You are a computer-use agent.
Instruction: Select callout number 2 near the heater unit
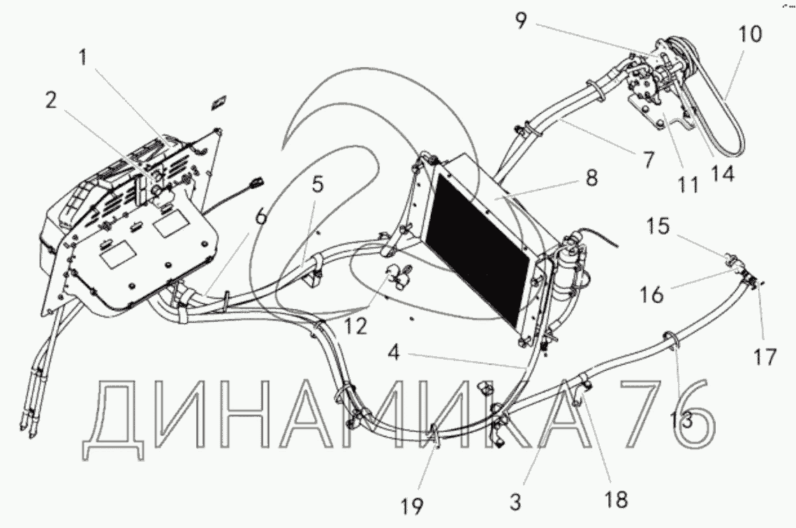pos(50,101)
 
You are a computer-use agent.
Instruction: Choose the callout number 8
pos(592,177)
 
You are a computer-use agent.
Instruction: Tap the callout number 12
pos(358,325)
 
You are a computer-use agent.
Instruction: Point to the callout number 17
pos(765,358)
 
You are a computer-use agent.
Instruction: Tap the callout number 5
pos(318,185)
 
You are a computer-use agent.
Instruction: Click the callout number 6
pos(260,217)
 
